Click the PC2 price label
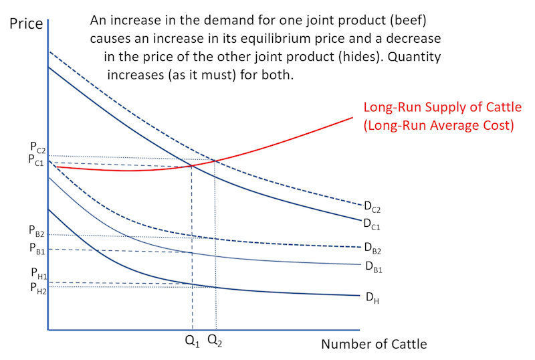pos(37,147)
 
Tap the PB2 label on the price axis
pos(37,232)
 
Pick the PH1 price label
pos(37,274)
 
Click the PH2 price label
pos(37,288)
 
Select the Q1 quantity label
pos(192,341)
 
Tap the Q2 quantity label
pos(215,341)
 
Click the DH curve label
pos(371,298)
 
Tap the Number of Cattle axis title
pos(374,344)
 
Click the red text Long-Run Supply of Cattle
pos(442,107)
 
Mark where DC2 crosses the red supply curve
pos(215,160)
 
